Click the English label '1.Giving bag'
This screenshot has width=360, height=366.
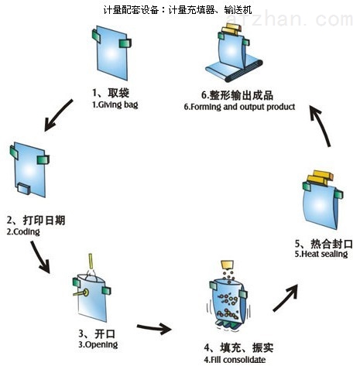tap(115, 104)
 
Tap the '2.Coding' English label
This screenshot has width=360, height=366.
tap(23, 231)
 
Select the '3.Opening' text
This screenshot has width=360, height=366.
tap(98, 344)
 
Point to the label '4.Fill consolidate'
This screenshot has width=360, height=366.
tap(235, 359)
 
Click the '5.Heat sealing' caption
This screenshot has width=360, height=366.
tap(321, 254)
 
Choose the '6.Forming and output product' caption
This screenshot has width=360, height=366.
tap(239, 107)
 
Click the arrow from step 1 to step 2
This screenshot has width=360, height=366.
tap(58, 115)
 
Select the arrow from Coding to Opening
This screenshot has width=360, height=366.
tap(40, 257)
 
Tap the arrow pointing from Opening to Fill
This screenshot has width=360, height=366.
tap(154, 328)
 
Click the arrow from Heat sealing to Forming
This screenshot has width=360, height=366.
tap(320, 125)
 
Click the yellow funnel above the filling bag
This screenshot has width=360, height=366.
tap(227, 265)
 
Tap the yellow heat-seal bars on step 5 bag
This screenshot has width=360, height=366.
tap(320, 178)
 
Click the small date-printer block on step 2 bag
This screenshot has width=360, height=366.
tap(24, 188)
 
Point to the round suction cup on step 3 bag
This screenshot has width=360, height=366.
tap(85, 292)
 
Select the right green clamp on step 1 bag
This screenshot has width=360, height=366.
tap(125, 43)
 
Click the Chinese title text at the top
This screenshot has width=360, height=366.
tap(177, 10)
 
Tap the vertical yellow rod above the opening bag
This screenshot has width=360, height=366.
tap(91, 262)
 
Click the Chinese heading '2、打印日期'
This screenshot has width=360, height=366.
tap(36, 220)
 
